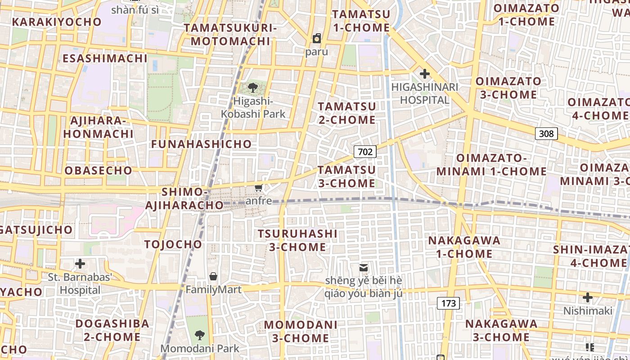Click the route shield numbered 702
pos(365,152)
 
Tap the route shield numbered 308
pos(546,133)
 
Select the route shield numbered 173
pos(448,303)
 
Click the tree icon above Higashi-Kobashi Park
pos(253,87)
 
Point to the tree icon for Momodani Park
pos(200,335)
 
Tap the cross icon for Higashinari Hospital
pos(424,73)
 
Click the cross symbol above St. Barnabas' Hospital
pos(80,263)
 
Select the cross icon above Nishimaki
pos(587,297)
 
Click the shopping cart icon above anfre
pos(258,188)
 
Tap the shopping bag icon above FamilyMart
pos(213,276)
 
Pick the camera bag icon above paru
pos(317,38)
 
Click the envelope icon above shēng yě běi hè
pos(364,268)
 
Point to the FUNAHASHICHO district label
pos(201,144)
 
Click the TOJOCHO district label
pos(173,244)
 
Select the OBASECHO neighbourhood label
pos(99,171)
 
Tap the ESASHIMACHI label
pos(105,58)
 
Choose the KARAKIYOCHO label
pos(57,22)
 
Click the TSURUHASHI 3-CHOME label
pos(297,240)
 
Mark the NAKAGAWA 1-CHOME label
pos(464,247)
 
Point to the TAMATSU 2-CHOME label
pos(347,113)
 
